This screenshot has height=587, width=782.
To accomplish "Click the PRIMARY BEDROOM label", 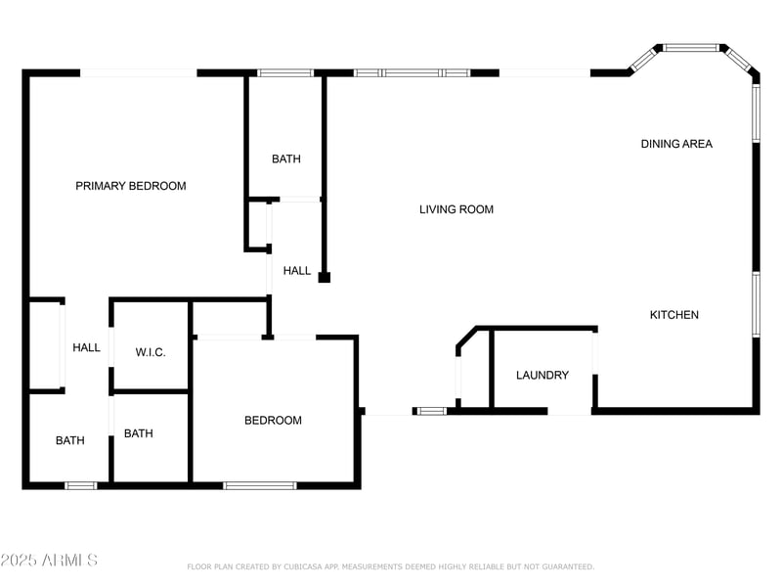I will (130, 186).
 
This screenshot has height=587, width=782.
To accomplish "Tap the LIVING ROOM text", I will (456, 209).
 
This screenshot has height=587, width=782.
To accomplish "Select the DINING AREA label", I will (676, 144).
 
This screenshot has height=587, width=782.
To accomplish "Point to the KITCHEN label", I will (674, 315).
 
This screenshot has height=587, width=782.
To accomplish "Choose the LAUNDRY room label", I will (542, 376).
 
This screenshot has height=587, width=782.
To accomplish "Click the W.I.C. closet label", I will (151, 352).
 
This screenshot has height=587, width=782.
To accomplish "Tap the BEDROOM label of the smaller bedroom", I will (273, 421).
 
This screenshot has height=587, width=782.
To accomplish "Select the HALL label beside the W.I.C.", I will (86, 347).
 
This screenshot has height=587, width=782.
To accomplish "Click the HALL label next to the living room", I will (297, 271).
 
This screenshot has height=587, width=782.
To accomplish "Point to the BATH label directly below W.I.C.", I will (138, 433).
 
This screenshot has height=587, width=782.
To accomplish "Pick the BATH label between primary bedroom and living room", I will (286, 159).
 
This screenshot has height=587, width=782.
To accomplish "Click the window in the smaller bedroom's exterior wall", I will (260, 485).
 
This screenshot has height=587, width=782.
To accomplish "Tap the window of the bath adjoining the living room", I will (285, 72).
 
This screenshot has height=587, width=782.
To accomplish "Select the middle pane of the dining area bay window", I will (691, 47).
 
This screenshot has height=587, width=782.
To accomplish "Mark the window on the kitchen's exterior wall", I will (756, 304).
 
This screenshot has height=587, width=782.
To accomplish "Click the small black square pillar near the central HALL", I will (325, 278).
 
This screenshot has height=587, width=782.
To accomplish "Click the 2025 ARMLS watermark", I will (49, 561).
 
